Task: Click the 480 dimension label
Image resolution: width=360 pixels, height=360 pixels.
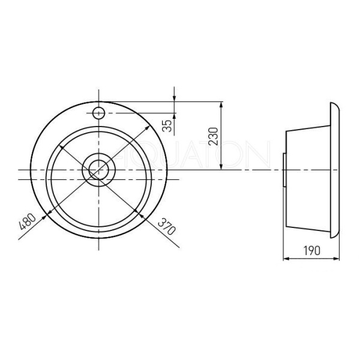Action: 28,221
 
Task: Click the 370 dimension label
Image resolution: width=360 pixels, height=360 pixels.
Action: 167,227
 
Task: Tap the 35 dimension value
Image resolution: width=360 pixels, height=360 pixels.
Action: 168,125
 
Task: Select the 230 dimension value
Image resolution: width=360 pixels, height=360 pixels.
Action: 213,136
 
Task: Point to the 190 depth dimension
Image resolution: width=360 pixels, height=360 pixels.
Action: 312,250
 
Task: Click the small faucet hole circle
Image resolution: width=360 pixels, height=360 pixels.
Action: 99,113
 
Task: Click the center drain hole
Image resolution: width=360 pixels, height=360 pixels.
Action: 99,170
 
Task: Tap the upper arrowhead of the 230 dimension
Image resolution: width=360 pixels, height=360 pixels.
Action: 221,105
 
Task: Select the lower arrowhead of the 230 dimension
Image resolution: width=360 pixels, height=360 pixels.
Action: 221,166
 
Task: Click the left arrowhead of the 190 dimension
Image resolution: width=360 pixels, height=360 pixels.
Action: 286,259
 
